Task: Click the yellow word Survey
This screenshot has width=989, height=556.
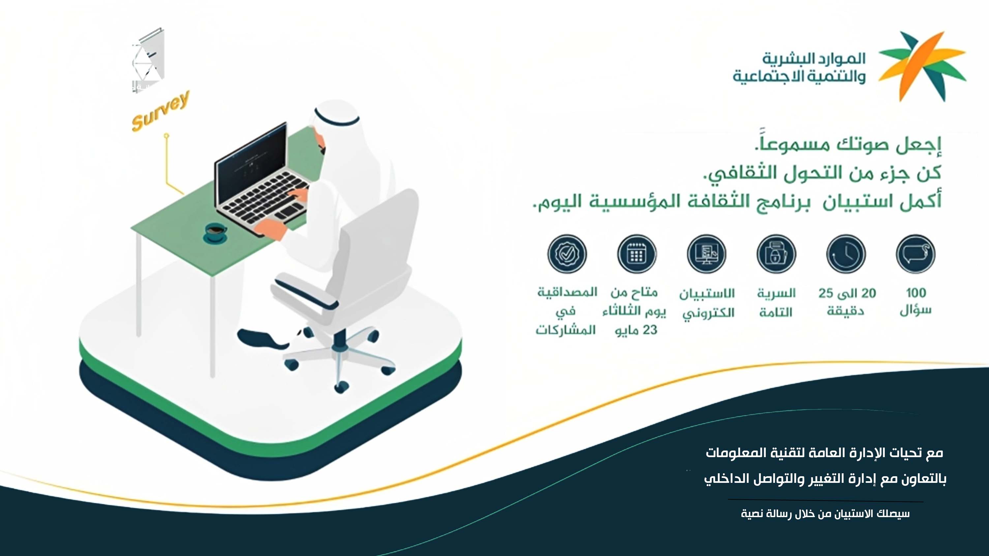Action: (161, 111)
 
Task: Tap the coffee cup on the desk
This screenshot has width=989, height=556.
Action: (215, 233)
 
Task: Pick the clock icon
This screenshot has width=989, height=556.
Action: (846, 254)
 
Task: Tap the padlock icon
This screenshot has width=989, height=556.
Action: (776, 254)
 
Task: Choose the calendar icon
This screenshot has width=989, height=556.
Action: (637, 254)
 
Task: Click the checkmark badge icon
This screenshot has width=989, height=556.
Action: (567, 254)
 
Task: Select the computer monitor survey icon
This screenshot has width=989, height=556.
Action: (706, 254)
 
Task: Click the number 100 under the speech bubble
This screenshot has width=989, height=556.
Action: (916, 293)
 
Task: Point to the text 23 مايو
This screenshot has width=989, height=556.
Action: (636, 330)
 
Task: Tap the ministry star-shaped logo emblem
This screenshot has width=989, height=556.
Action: (922, 66)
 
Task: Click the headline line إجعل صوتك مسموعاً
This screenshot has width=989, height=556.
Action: (848, 144)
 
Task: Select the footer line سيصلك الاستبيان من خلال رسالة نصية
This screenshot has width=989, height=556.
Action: (825, 513)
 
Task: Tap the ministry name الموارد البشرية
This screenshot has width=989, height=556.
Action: (814, 59)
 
